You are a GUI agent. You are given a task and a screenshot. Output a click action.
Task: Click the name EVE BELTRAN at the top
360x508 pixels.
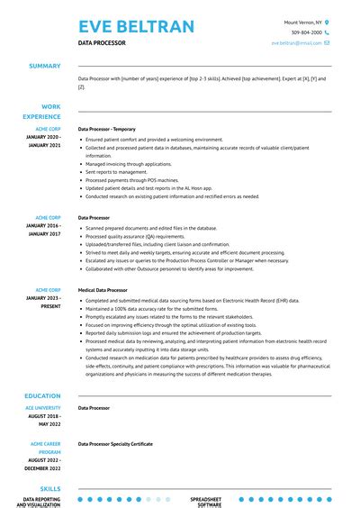point(136,25)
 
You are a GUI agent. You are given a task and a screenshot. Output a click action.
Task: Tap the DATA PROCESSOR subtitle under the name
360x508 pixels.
point(102,43)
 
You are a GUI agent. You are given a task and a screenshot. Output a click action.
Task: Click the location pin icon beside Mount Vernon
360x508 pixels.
point(328,22)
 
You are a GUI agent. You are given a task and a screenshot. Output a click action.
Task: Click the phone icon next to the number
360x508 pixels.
point(328,32)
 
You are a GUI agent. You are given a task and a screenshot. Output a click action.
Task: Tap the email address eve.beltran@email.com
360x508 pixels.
point(296,42)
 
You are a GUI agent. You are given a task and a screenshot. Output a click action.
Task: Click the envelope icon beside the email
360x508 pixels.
point(328,42)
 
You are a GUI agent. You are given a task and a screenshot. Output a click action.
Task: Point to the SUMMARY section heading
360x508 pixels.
point(45,66)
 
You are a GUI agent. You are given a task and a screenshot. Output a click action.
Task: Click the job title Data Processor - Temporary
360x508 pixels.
point(107,129)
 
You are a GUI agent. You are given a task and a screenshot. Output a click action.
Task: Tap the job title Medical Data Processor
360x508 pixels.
point(103,290)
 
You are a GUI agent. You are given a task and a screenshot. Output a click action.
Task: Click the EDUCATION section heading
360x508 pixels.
point(42,395)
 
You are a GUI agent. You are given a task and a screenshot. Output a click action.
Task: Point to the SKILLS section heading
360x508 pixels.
point(49,486)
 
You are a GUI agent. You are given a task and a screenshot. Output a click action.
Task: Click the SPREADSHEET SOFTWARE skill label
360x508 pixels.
point(206,501)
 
